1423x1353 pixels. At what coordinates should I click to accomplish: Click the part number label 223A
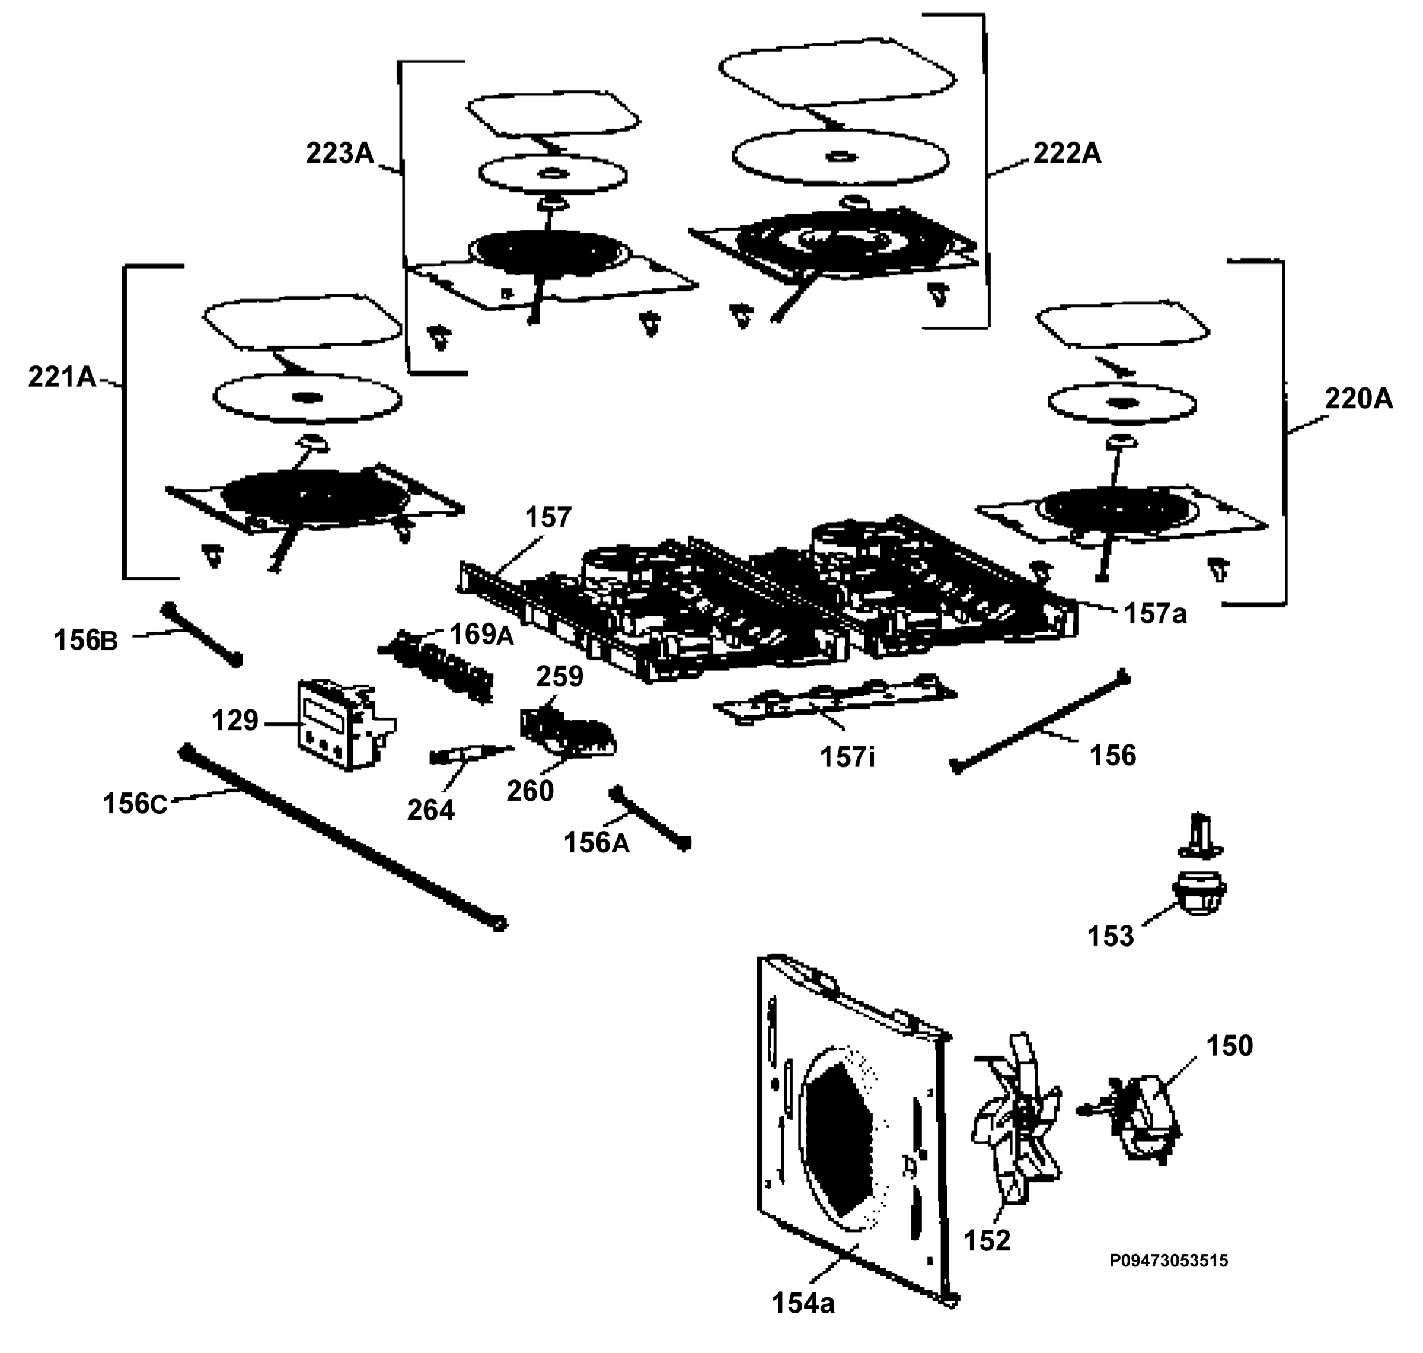click(340, 153)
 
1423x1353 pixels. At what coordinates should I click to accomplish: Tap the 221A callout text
click(62, 377)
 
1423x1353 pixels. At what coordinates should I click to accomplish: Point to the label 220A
click(1359, 398)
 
